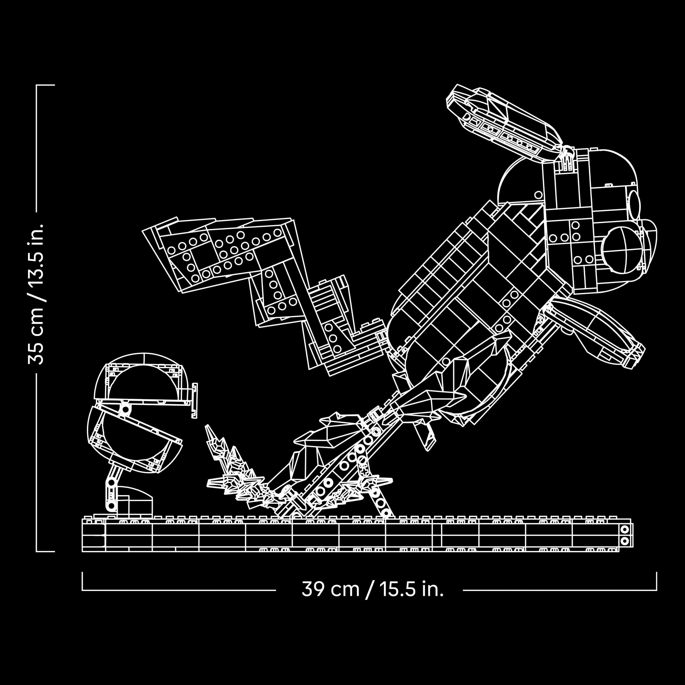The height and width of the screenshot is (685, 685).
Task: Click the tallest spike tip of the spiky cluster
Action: [x=207, y=425]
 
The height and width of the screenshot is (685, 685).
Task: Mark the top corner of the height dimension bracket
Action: [x=37, y=85]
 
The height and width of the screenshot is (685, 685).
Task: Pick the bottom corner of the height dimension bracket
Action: [x=37, y=551]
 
